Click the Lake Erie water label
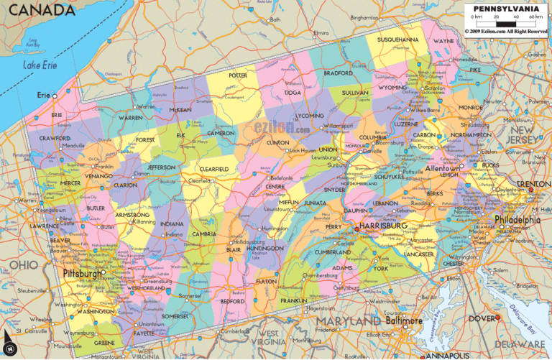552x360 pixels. tap(39, 66)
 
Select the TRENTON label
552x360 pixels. tap(535, 184)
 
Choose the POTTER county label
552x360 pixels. tap(238, 75)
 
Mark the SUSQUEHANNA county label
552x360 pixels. tap(397, 39)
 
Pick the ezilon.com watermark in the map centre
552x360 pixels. tap(282, 128)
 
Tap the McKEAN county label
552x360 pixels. tap(180, 110)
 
